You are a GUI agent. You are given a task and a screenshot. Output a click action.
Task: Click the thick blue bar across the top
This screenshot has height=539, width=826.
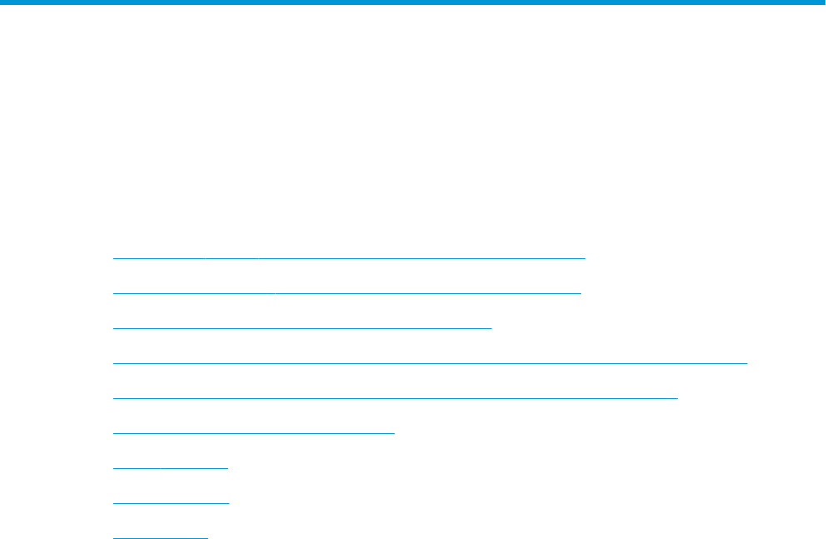coord(413,2)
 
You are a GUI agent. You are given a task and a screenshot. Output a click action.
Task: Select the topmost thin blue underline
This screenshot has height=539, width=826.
coord(349,258)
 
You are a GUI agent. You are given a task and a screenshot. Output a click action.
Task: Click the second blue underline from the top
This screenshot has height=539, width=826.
coord(346,293)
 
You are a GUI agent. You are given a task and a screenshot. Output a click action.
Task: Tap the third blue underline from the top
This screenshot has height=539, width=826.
coord(302,328)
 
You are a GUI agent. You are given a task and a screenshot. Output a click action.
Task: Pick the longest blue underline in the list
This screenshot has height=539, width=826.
coord(430,363)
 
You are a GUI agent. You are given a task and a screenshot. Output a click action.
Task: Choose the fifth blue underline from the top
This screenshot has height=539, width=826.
coord(395,398)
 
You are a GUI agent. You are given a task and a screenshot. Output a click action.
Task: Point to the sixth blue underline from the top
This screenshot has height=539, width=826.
coord(253,433)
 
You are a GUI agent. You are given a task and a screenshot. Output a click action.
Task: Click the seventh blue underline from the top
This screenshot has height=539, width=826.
coord(170,467)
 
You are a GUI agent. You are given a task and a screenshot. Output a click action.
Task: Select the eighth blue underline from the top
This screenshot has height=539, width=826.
coord(170,502)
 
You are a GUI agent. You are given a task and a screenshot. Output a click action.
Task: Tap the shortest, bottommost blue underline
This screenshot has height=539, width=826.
coord(160,537)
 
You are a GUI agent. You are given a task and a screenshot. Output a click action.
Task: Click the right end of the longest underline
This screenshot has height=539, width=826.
coord(747,363)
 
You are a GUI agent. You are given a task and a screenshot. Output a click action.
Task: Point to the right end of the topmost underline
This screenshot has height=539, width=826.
coord(585,258)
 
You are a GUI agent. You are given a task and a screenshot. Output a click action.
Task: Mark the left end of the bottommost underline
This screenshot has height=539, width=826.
coord(113,537)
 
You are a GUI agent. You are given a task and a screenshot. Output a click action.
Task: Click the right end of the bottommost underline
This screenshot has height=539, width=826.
coord(207,537)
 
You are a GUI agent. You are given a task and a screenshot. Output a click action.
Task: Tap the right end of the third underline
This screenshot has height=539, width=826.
coord(492,328)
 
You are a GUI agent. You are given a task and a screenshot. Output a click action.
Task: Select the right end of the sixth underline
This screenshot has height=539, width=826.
coord(394,433)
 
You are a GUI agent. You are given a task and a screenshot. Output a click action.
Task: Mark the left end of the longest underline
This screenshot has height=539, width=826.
coord(113,363)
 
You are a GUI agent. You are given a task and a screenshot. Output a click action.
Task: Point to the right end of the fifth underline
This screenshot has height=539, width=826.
coord(678,398)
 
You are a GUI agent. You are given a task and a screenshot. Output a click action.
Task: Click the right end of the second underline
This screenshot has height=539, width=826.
coord(580,293)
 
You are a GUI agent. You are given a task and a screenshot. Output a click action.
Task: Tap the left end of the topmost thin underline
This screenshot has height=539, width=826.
coord(113,258)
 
